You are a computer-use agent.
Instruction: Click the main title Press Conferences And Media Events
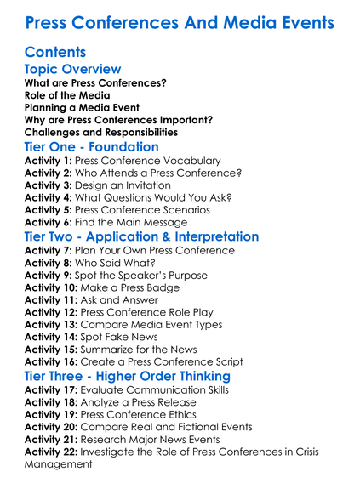point(180,21)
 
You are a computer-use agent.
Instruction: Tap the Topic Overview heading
point(73,70)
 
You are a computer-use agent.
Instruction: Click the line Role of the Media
point(67,95)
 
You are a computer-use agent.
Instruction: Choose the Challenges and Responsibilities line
point(101,132)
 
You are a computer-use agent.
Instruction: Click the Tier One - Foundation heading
point(92,147)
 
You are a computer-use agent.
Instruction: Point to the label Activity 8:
point(49,264)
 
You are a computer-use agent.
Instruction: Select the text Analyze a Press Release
point(151,403)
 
